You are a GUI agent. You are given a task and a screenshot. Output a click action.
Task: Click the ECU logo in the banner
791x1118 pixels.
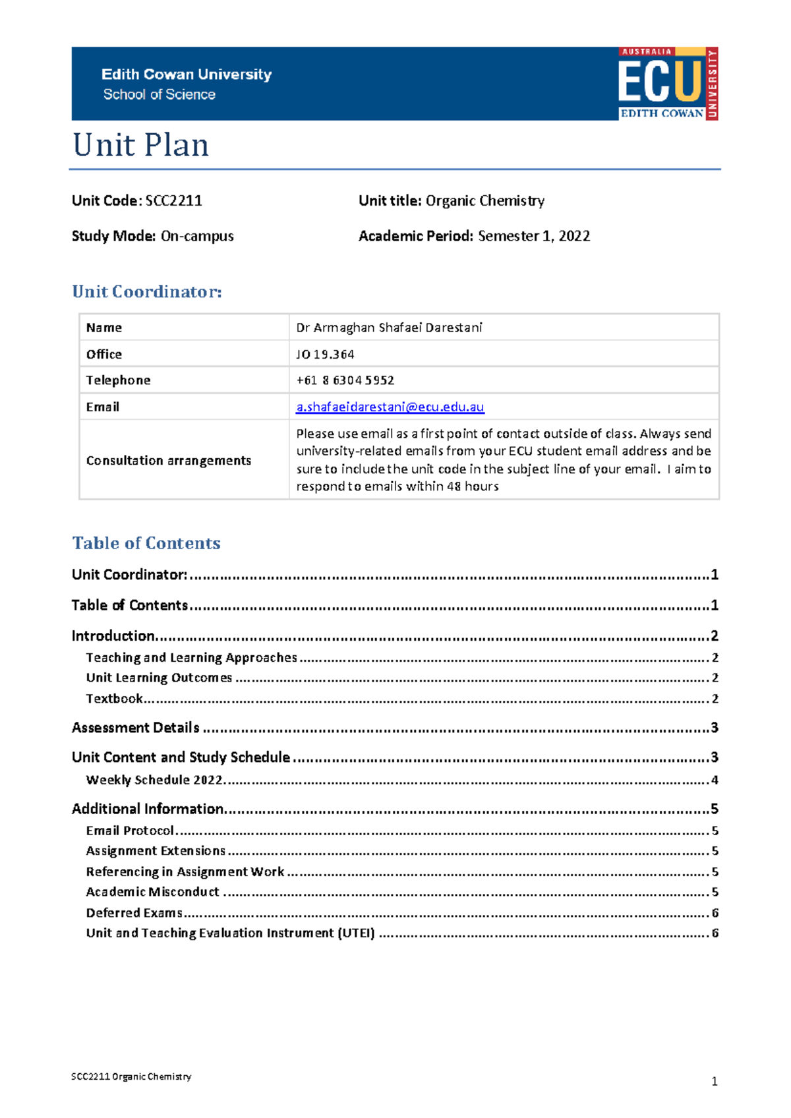click(x=668, y=84)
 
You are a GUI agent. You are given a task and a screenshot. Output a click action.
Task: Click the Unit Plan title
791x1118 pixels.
click(x=140, y=145)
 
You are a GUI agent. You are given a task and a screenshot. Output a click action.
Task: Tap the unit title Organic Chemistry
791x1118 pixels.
click(x=484, y=201)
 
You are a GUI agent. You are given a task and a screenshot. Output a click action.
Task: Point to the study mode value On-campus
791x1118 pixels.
click(x=197, y=236)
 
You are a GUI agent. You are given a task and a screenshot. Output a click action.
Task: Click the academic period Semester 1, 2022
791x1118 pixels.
click(x=534, y=236)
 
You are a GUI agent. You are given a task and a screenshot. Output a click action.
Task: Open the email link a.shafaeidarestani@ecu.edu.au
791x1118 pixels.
click(x=390, y=407)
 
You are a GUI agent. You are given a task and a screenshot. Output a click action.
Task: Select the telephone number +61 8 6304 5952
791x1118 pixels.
click(x=345, y=380)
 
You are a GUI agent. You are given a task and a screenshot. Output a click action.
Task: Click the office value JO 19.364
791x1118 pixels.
click(x=325, y=354)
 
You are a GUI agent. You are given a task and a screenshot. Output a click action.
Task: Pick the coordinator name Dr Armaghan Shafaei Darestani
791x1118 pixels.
click(x=389, y=328)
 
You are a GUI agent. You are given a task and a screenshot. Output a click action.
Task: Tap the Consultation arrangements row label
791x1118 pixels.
click(x=168, y=460)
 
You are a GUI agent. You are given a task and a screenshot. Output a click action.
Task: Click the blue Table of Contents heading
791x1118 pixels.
click(x=146, y=543)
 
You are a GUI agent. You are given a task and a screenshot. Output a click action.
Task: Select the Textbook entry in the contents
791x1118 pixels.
click(x=114, y=699)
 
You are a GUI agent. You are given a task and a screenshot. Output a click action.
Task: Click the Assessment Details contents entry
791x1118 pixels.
click(x=135, y=728)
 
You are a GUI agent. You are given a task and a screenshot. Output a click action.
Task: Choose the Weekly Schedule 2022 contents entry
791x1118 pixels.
click(x=154, y=780)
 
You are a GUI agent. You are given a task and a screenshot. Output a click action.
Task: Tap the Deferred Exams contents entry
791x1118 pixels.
click(x=134, y=913)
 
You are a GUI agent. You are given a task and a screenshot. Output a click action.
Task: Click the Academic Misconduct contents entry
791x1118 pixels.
click(x=152, y=892)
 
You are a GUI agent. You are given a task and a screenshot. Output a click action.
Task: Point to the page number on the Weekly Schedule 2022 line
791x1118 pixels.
click(x=715, y=780)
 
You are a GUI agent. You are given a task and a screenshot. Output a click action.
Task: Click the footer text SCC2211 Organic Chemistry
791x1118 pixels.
click(x=131, y=1076)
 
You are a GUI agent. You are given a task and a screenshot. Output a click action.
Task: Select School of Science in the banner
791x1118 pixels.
click(x=159, y=95)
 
